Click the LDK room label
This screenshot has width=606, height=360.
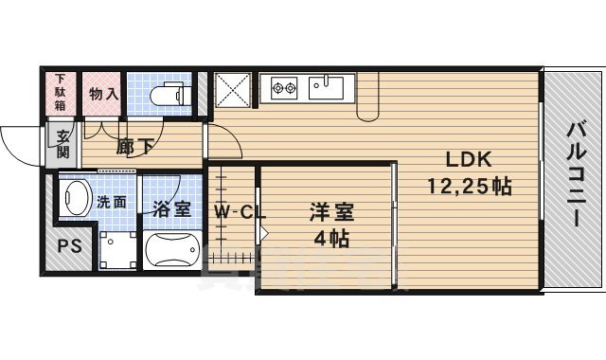pos(461,160)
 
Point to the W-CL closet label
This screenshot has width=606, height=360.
pos(238,211)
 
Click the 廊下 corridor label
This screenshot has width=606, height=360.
pos(135,147)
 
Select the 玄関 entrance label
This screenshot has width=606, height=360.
pos(62,144)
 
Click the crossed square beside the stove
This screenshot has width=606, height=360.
pos(233,90)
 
